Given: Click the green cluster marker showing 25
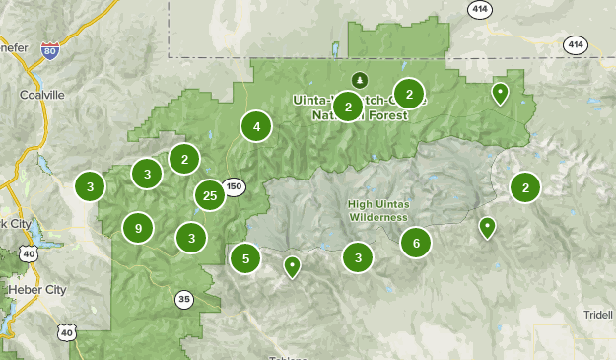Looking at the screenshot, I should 209,196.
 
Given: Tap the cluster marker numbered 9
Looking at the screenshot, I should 139,229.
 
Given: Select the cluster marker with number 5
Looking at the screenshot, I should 245,259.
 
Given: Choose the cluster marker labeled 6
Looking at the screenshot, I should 416,243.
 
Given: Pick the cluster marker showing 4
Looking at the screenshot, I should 256,126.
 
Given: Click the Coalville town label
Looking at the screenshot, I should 41,95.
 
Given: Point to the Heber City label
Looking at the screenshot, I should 36,290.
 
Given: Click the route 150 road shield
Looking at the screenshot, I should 233,186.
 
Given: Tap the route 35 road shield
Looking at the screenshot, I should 184,299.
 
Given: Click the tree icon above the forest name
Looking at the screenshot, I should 359,79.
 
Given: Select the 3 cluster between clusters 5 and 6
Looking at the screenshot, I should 358,258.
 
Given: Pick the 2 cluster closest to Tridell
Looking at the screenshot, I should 525,186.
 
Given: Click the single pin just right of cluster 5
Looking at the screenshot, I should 292,265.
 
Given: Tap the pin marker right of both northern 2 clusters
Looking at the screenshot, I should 501,93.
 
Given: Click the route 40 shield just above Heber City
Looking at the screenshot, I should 30,254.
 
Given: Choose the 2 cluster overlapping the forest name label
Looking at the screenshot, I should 348,107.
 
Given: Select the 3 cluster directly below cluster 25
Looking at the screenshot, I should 191,238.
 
